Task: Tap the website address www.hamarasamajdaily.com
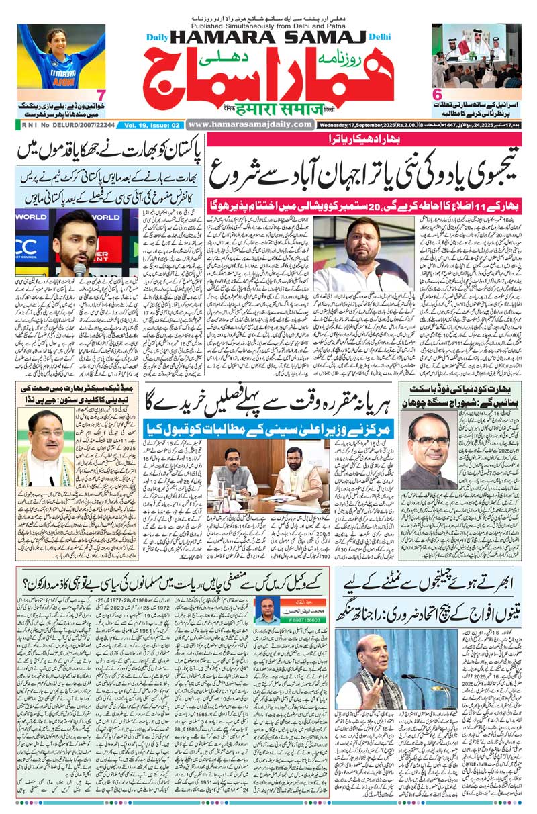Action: click(x=250, y=124)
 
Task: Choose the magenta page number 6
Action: click(x=437, y=95)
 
